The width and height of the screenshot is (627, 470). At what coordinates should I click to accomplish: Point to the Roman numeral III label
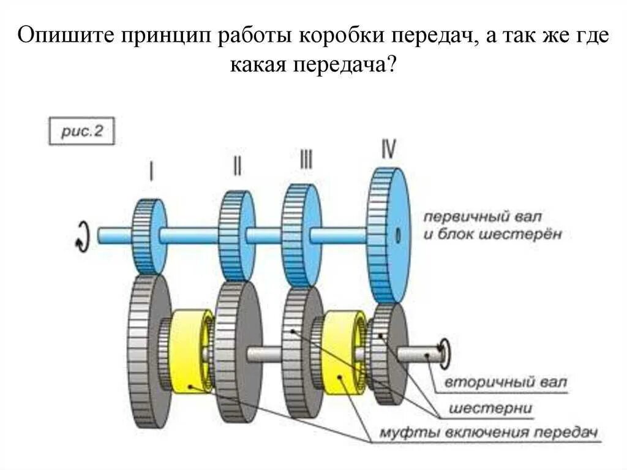tap(306, 160)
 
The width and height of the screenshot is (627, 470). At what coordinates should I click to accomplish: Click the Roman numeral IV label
tap(388, 149)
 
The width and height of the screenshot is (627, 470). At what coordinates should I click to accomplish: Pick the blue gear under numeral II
tap(236, 235)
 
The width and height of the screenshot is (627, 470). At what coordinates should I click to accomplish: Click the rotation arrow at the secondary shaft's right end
tap(446, 351)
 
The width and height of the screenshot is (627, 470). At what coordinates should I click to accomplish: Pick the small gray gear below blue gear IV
tap(388, 352)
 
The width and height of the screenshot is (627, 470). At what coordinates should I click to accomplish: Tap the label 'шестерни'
tap(490, 407)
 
